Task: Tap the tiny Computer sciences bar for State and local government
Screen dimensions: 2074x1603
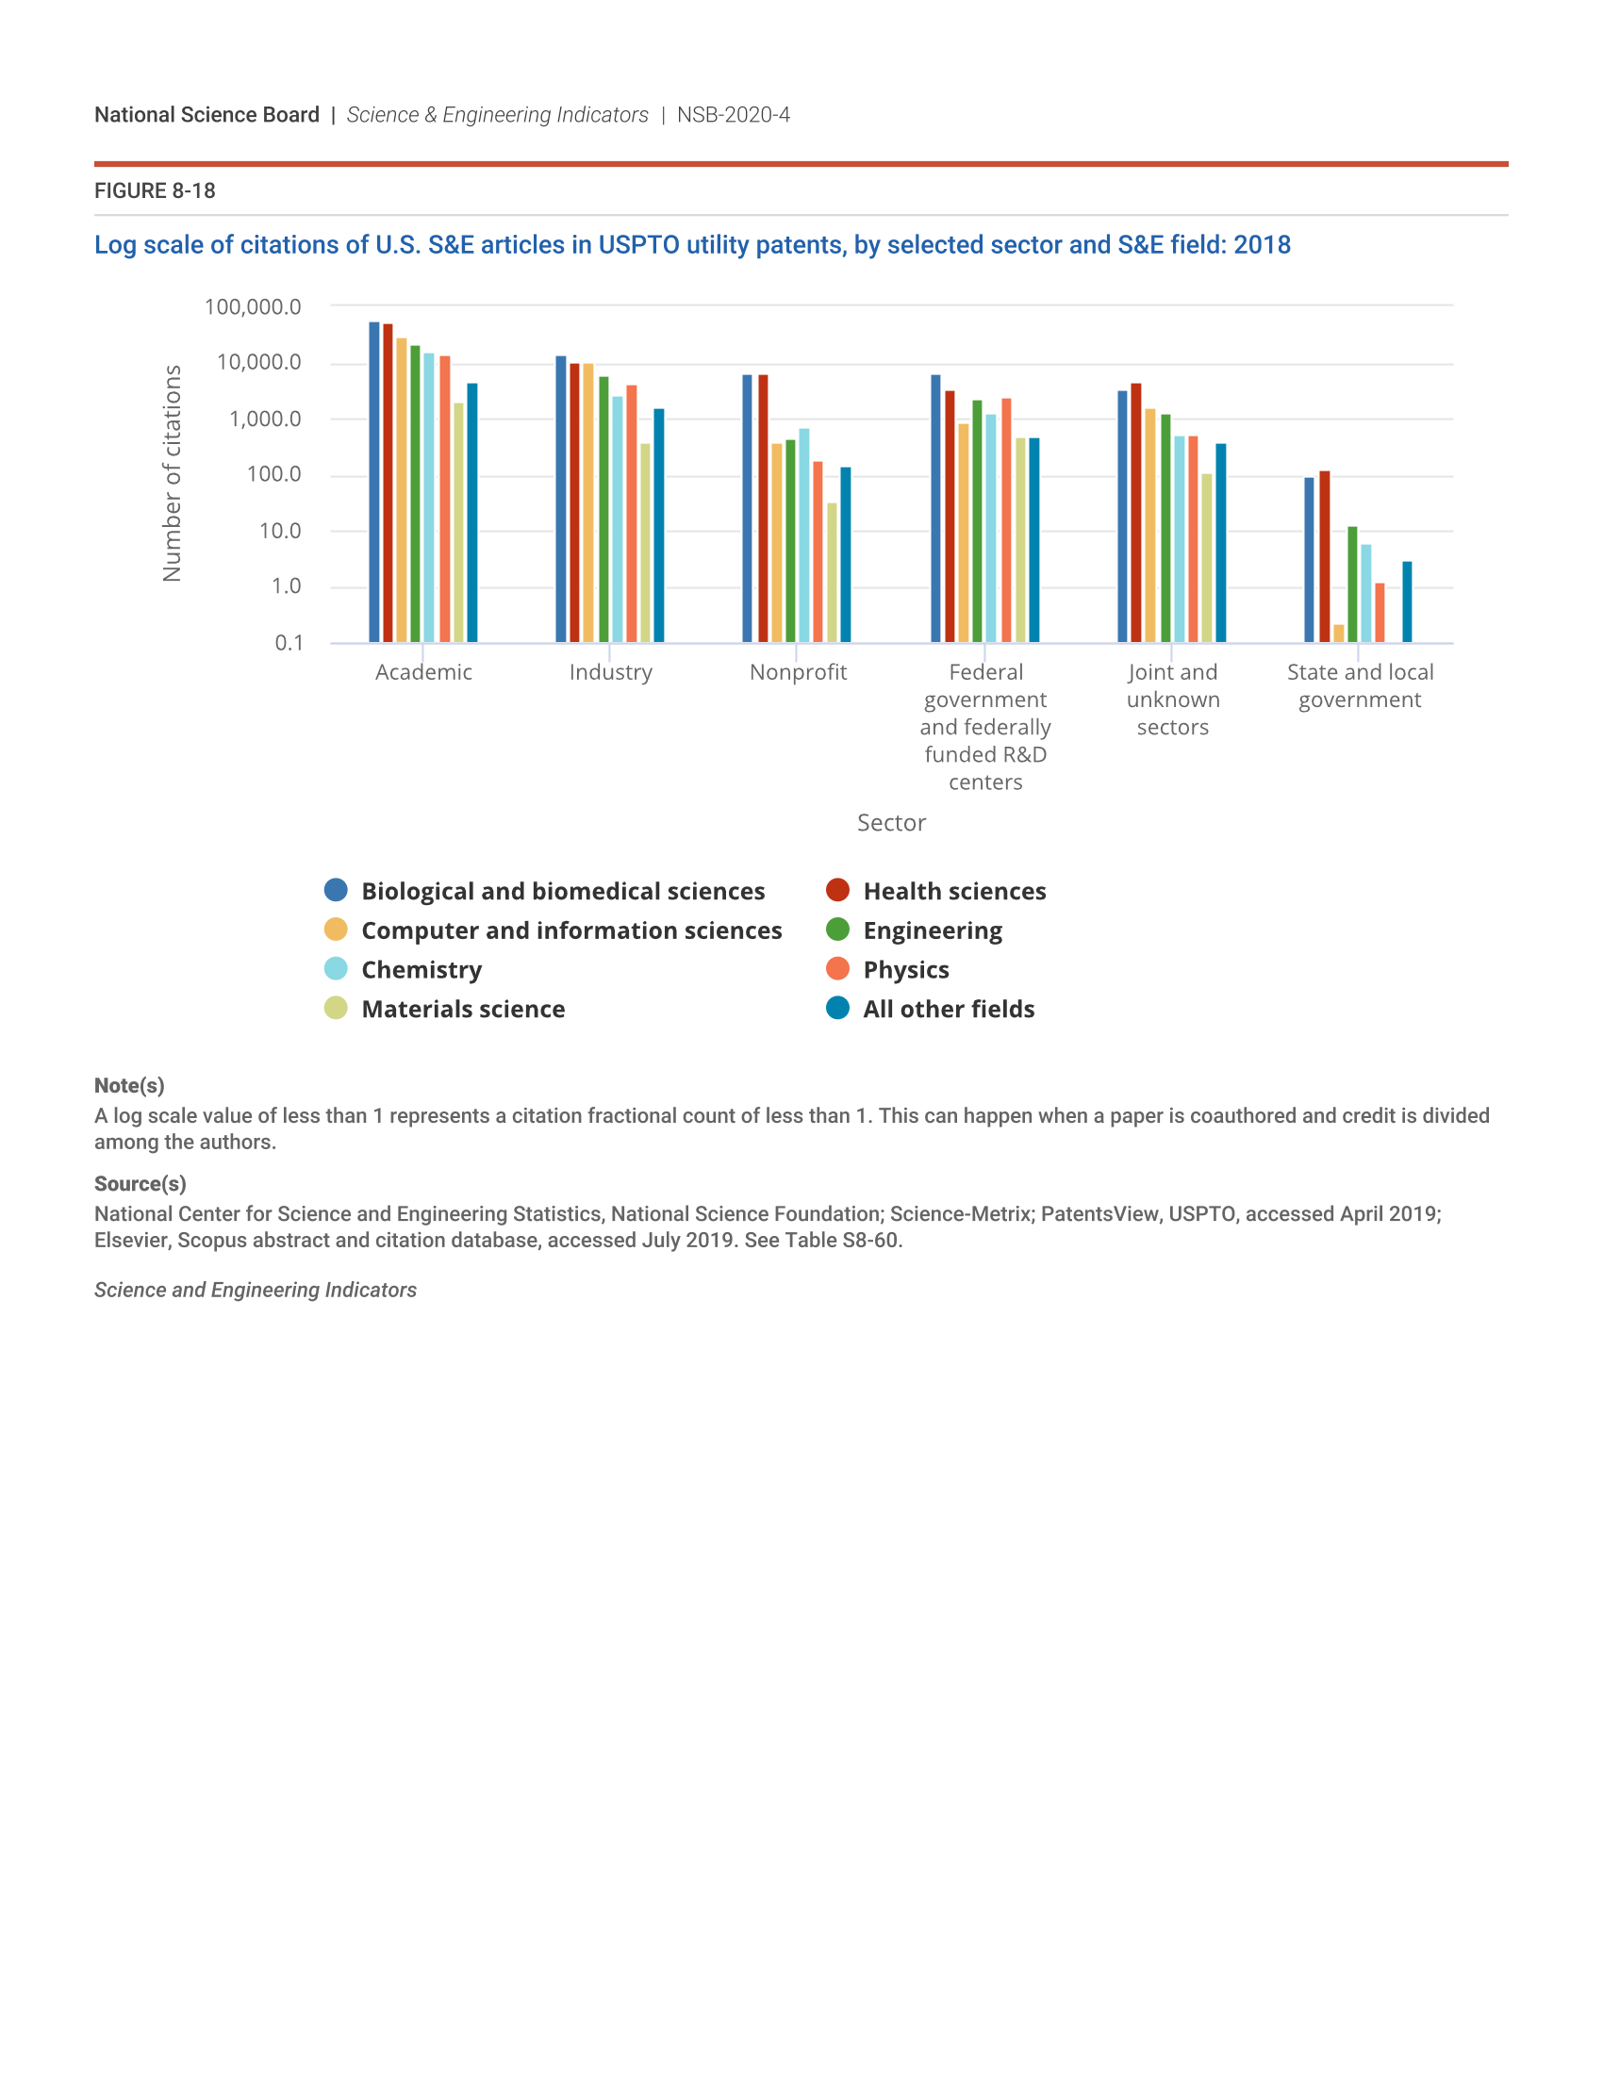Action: tap(1339, 634)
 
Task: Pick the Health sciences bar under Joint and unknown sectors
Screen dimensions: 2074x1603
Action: tap(1136, 513)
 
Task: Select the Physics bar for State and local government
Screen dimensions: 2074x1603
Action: tap(1380, 613)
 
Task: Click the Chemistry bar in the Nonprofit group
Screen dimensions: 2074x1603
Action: tap(804, 535)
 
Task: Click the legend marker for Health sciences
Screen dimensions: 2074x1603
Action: tap(837, 890)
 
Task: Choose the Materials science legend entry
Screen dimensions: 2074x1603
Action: tap(462, 1009)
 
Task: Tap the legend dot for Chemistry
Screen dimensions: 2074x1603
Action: tap(337, 968)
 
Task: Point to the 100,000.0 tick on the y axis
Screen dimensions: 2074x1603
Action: tap(253, 306)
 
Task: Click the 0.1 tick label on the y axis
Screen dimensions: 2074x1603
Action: tap(289, 643)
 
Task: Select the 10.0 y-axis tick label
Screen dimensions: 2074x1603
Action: tap(280, 531)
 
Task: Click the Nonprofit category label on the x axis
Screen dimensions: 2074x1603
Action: tap(798, 672)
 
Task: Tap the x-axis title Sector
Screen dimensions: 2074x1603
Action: tap(891, 822)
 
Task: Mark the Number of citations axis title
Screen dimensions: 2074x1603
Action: tap(172, 473)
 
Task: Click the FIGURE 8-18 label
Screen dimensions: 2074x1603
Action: tap(155, 190)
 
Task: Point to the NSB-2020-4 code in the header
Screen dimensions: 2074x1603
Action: tap(733, 115)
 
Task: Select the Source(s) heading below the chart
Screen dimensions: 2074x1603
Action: tap(140, 1183)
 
